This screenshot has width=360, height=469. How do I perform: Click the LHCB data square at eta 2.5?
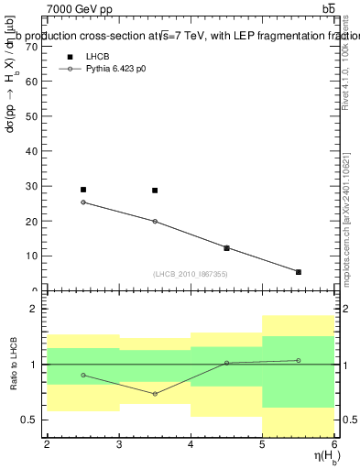pyautogui.click(x=83, y=190)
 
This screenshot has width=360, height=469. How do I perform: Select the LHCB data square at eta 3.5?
pyautogui.click(x=155, y=191)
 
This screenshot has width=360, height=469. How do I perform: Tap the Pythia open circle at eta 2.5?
pyautogui.click(x=83, y=202)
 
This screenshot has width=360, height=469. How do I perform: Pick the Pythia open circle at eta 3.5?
pyautogui.click(x=155, y=221)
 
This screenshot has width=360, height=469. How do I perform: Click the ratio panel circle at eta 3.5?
pyautogui.click(x=155, y=394)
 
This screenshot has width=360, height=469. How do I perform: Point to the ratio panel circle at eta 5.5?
pyautogui.click(x=299, y=360)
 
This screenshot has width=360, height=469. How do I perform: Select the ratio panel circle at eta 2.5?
pyautogui.click(x=83, y=375)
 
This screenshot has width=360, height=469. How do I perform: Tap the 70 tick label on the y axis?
pyautogui.click(x=35, y=45)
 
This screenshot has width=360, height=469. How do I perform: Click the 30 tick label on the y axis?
pyautogui.click(x=35, y=186)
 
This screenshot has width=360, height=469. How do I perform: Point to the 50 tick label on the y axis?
pyautogui.click(x=35, y=115)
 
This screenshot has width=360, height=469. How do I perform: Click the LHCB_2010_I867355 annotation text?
pyautogui.click(x=191, y=274)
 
